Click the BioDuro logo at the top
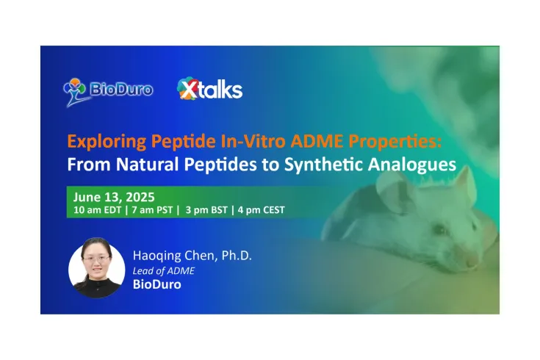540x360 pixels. point(108,89)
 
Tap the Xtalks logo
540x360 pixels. point(209,90)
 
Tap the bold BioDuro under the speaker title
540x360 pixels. point(157,285)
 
